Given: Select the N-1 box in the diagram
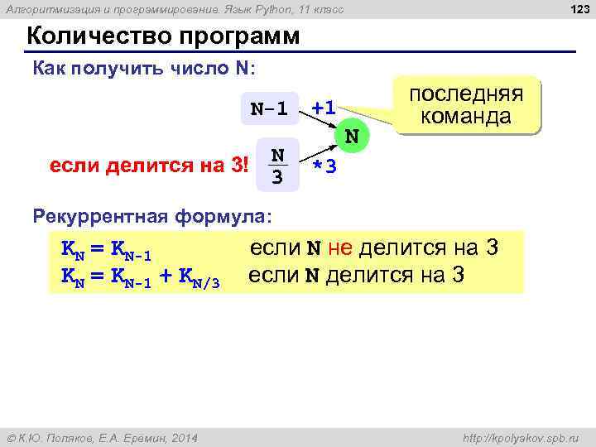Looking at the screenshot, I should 269,108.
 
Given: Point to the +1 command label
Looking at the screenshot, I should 323,108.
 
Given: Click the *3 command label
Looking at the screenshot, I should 324,166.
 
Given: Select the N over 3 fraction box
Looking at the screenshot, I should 278,166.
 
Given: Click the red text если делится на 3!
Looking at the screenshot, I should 150,165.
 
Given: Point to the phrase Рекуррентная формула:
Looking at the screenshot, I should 151,217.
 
